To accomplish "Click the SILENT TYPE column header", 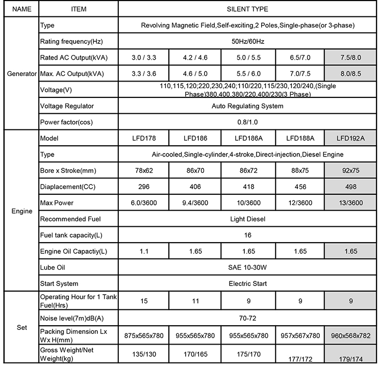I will (247, 9).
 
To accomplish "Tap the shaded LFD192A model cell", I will (351, 138).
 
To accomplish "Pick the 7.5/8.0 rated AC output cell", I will (351, 57).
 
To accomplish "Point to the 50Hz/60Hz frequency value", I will (247, 41).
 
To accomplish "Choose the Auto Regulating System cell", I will (247, 106).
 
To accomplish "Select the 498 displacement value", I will (351, 187).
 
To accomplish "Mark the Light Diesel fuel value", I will (247, 219).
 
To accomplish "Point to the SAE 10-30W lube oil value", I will (247, 268).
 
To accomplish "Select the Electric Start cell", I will (247, 284).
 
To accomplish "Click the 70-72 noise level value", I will (247, 319).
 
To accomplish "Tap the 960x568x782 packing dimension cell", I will (351, 335).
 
